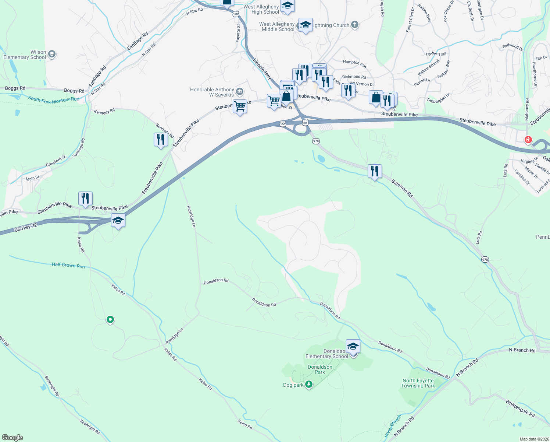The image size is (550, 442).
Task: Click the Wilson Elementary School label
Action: [25, 55]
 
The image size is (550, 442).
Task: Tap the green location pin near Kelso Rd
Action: [110, 319]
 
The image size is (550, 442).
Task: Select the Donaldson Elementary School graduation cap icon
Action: [353, 346]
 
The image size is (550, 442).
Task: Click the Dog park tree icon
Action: [309, 385]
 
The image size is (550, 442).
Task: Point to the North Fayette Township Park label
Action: [418, 383]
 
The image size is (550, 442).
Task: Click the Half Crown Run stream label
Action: [68, 265]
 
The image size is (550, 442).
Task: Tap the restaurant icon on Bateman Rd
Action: [374, 171]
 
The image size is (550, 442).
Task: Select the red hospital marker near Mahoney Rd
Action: [528, 140]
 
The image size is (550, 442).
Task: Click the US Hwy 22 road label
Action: [26, 228]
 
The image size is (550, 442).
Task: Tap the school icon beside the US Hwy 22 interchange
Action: [118, 221]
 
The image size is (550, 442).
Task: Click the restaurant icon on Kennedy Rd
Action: [161, 140]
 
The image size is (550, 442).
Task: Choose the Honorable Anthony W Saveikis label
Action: [212, 92]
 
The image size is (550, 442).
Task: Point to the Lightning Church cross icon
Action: [354, 25]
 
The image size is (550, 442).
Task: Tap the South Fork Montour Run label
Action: [54, 99]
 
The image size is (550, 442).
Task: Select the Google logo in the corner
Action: [12, 437]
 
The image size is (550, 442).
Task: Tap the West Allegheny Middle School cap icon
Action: [306, 25]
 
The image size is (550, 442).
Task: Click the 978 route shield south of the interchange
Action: [316, 141]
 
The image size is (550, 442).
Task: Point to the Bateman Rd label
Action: [401, 188]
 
